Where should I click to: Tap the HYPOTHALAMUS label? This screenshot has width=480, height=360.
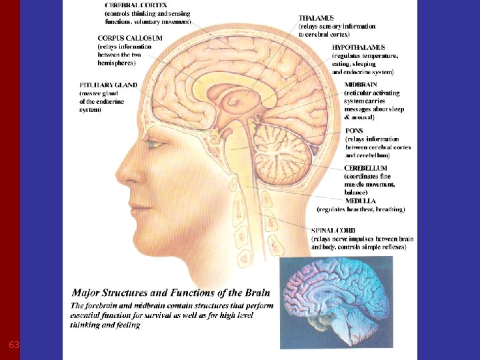[x=359, y=48]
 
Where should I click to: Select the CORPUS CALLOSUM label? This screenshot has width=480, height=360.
[x=130, y=39]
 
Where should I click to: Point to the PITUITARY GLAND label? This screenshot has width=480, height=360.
[x=109, y=85]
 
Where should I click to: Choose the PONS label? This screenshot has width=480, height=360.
[x=355, y=131]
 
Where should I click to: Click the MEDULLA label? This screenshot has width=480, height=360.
[x=361, y=200]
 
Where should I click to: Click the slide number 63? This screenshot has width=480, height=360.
[x=13, y=345]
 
